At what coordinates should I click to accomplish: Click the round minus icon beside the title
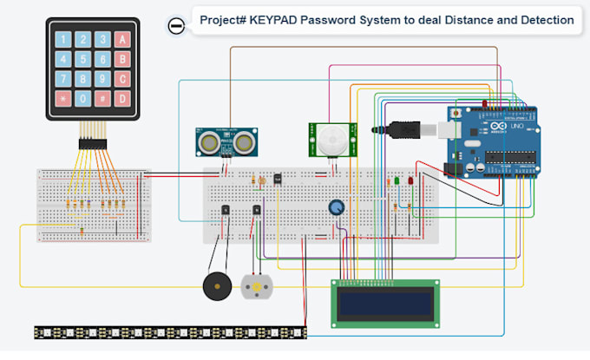click(176, 25)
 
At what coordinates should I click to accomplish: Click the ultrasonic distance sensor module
click(226, 140)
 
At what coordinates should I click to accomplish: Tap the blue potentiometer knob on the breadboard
click(337, 207)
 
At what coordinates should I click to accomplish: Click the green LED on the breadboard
click(395, 181)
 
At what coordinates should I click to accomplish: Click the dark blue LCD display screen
click(384, 303)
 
